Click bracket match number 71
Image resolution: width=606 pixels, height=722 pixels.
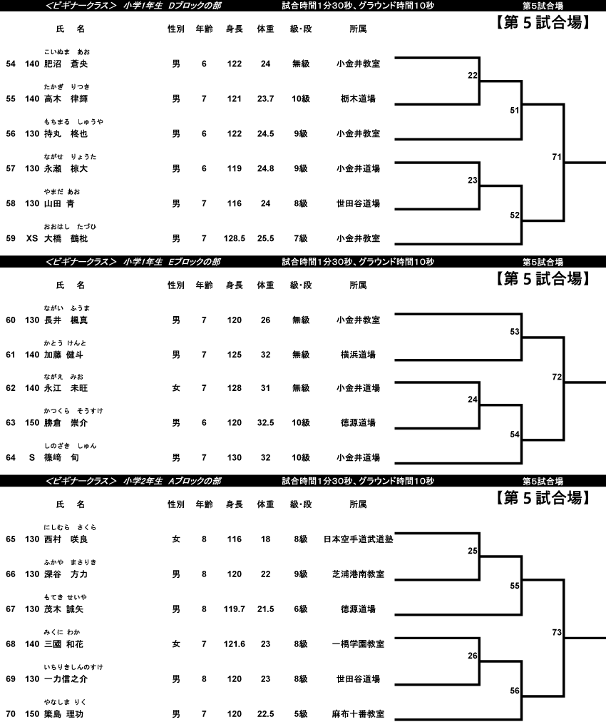tap(556, 156)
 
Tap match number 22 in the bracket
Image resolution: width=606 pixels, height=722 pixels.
tap(472, 75)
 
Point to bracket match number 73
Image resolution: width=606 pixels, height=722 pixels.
tap(556, 632)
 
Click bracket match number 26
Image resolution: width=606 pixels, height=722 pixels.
tap(472, 656)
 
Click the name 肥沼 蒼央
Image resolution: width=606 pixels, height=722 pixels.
tap(66, 63)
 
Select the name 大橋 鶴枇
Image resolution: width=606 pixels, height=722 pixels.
tap(66, 238)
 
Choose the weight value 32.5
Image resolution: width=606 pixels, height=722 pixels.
tap(265, 422)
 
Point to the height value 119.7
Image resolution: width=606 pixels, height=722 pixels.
tap(234, 609)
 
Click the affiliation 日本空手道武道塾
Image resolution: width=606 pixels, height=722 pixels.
tap(358, 539)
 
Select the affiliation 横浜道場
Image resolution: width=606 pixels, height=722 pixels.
tap(358, 354)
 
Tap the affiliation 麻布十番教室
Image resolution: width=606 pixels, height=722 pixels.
tap(358, 713)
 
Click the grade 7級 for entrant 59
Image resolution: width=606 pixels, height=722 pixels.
tap(299, 238)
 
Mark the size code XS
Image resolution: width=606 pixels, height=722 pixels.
tap(31, 238)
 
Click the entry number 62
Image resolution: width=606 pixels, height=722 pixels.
tap(10, 388)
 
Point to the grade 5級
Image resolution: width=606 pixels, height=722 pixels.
tap(299, 713)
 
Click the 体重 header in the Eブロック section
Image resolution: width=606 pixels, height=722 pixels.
tap(265, 285)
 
